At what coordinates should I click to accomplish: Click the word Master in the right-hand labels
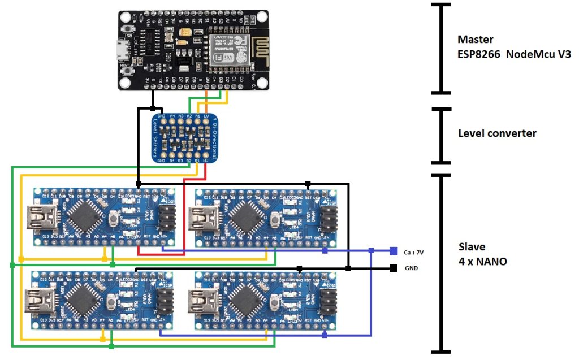475,40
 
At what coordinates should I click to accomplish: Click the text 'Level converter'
496,133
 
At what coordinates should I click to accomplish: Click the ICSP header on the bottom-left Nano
165,299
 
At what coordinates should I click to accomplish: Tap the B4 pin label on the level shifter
172,161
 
